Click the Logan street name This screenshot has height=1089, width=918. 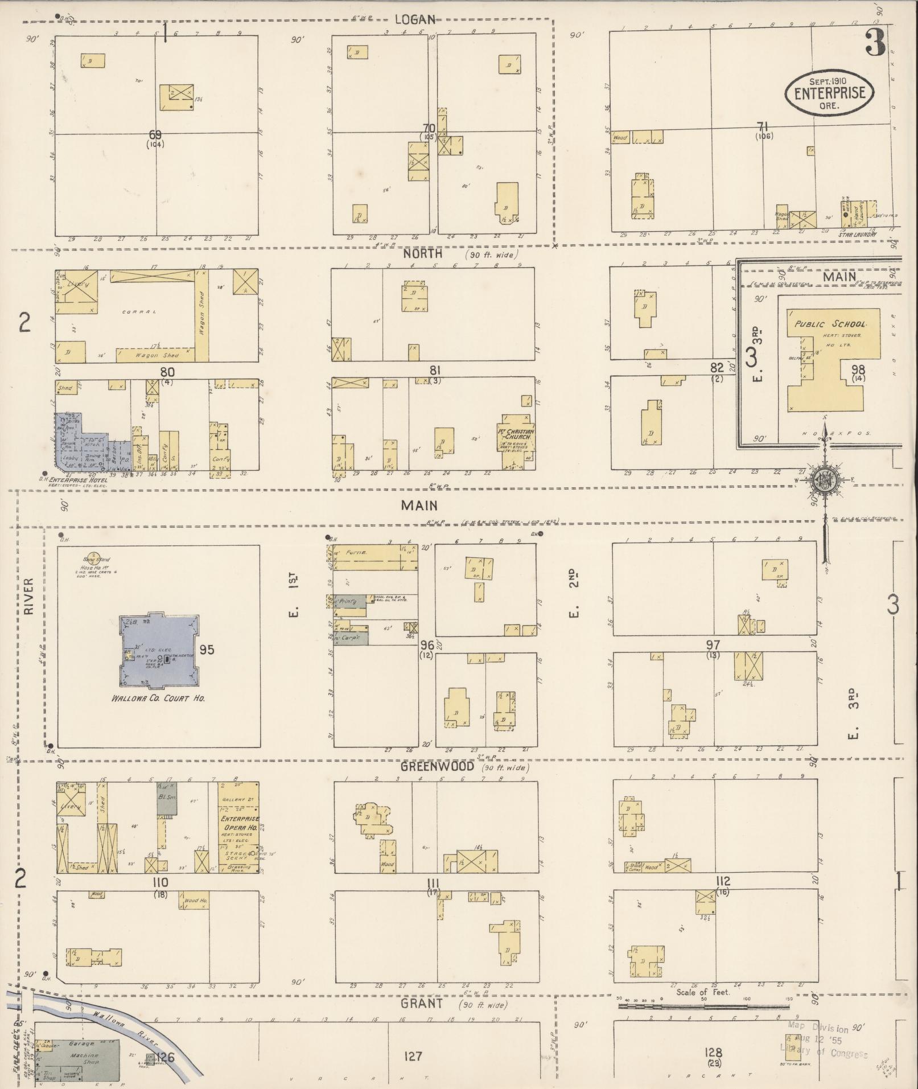point(415,19)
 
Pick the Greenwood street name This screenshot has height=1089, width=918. point(438,766)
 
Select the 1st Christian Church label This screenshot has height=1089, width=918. point(516,434)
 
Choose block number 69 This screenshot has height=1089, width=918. point(155,135)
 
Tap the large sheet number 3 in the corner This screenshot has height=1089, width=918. point(875,43)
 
